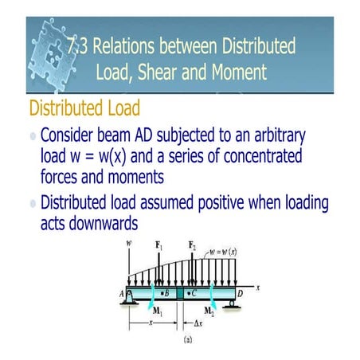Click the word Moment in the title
(x=233, y=73)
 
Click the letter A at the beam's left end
(x=122, y=292)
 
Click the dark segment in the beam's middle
(x=180, y=292)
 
